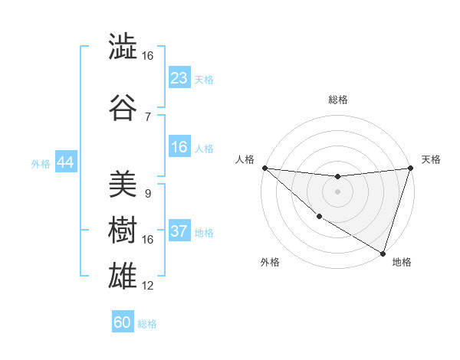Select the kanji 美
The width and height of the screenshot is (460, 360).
pyautogui.click(x=123, y=185)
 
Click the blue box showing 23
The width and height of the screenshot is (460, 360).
pyautogui.click(x=179, y=78)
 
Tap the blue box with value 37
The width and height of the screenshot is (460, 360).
pyautogui.click(x=179, y=232)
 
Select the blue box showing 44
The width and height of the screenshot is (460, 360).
pyautogui.click(x=65, y=163)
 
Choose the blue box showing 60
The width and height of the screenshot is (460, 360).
pyautogui.click(x=123, y=322)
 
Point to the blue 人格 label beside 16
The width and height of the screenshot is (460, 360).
pyautogui.click(x=204, y=149)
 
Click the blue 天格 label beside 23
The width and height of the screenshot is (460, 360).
pyautogui.click(x=204, y=80)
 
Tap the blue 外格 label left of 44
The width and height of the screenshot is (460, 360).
pyautogui.click(x=41, y=164)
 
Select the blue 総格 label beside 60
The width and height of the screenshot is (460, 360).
pyautogui.click(x=147, y=324)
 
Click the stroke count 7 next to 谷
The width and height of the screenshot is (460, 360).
pyautogui.click(x=147, y=116)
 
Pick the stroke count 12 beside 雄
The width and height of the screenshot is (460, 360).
pyautogui.click(x=148, y=286)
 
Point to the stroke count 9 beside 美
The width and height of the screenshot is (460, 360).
pyautogui.click(x=147, y=194)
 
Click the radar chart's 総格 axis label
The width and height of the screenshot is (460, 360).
pyautogui.click(x=337, y=100)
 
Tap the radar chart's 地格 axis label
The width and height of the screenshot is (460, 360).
pyautogui.click(x=402, y=262)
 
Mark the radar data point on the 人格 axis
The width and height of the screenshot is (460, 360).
pyautogui.click(x=264, y=168)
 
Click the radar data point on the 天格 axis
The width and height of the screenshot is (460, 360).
pyautogui.click(x=410, y=169)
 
